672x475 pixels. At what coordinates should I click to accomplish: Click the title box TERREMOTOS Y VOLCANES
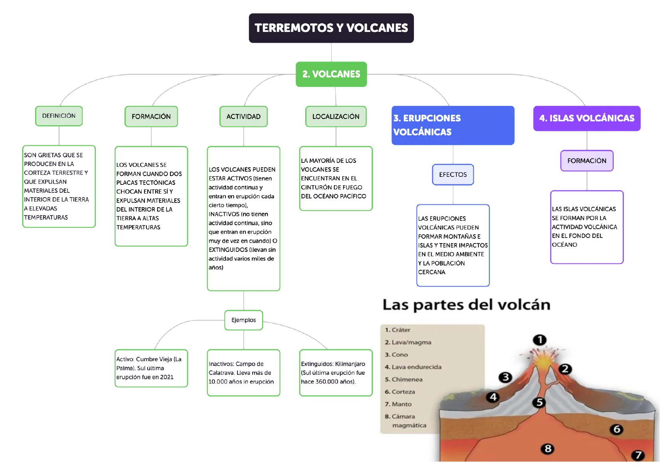(331, 28)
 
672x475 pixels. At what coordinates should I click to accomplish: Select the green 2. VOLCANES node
(331, 74)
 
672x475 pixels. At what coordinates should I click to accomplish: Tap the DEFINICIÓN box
(59, 116)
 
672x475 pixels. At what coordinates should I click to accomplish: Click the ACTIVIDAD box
(243, 117)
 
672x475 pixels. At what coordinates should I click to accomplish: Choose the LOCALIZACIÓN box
(336, 117)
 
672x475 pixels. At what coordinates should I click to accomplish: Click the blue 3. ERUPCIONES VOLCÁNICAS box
(453, 125)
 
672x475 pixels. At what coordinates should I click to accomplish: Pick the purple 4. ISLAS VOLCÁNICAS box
(587, 118)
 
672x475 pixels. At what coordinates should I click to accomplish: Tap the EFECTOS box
(453, 174)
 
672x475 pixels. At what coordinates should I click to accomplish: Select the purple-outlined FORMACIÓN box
(587, 161)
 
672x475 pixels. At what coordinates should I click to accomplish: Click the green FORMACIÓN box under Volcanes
(151, 117)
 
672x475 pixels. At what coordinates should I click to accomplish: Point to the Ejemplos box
(243, 320)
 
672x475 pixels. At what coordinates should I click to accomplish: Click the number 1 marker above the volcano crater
(540, 340)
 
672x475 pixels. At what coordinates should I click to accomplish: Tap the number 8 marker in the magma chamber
(548, 449)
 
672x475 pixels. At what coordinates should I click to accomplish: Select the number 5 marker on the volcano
(539, 402)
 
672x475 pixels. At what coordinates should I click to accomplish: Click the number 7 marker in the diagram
(638, 455)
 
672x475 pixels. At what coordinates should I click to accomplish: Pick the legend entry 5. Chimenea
(403, 379)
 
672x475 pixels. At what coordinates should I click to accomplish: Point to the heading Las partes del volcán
(466, 305)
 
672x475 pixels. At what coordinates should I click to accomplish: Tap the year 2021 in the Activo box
(167, 377)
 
